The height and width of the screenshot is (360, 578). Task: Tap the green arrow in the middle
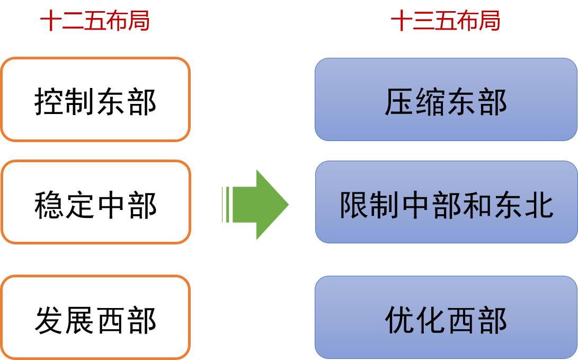pos(256,205)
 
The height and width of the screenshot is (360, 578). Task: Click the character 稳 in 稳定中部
pos(49,205)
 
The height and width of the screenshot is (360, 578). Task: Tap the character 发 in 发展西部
pos(49,320)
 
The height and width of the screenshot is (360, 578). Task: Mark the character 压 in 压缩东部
pos(399,102)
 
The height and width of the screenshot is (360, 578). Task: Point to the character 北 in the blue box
pos(539,205)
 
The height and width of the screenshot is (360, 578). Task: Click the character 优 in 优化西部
pos(399,320)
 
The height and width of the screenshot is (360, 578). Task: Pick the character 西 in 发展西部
pos(111,320)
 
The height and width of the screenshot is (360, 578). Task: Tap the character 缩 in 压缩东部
pos(430,102)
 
